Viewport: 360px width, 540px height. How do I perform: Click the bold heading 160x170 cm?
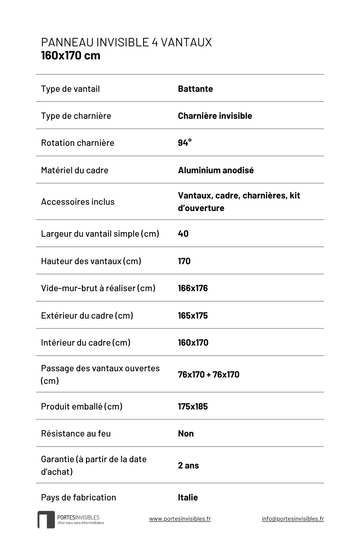71,56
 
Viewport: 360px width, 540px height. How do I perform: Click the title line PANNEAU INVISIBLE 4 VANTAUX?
126,42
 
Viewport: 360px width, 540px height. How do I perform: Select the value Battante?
195,89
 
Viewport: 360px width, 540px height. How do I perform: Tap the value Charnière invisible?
215,116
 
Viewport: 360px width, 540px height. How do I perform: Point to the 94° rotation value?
184,143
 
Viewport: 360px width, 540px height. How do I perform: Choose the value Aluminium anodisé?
216,170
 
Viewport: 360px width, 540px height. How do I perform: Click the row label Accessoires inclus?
78,202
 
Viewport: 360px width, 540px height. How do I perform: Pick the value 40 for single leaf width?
183,234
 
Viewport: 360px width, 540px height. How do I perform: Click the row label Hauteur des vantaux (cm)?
91,261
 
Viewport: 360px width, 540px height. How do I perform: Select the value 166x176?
193,288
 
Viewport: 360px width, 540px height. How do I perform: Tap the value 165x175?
193,315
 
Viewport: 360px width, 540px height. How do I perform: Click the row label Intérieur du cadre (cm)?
85,342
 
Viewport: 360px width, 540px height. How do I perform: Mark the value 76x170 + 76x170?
208,374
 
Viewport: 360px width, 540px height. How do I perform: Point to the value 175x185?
193,406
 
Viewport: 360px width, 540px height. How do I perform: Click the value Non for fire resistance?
186,433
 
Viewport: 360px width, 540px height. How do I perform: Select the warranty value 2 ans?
188,465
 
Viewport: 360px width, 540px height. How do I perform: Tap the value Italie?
188,497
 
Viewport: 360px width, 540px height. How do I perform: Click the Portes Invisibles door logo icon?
46,520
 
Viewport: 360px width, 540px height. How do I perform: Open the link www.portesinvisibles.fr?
180,519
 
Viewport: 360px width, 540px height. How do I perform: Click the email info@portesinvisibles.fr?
292,519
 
